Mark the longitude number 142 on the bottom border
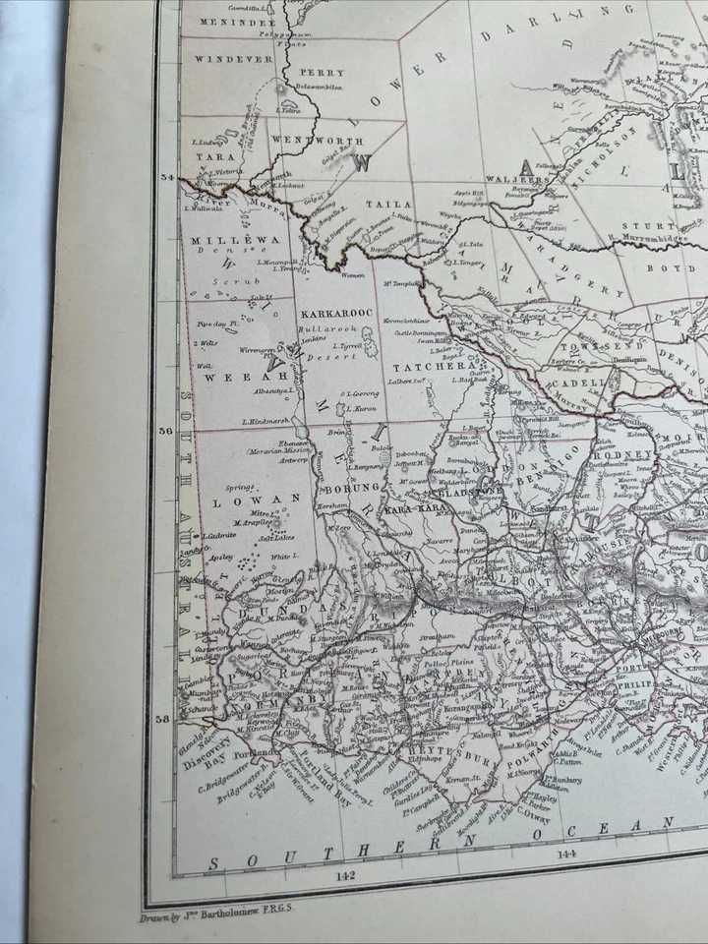(344, 874)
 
